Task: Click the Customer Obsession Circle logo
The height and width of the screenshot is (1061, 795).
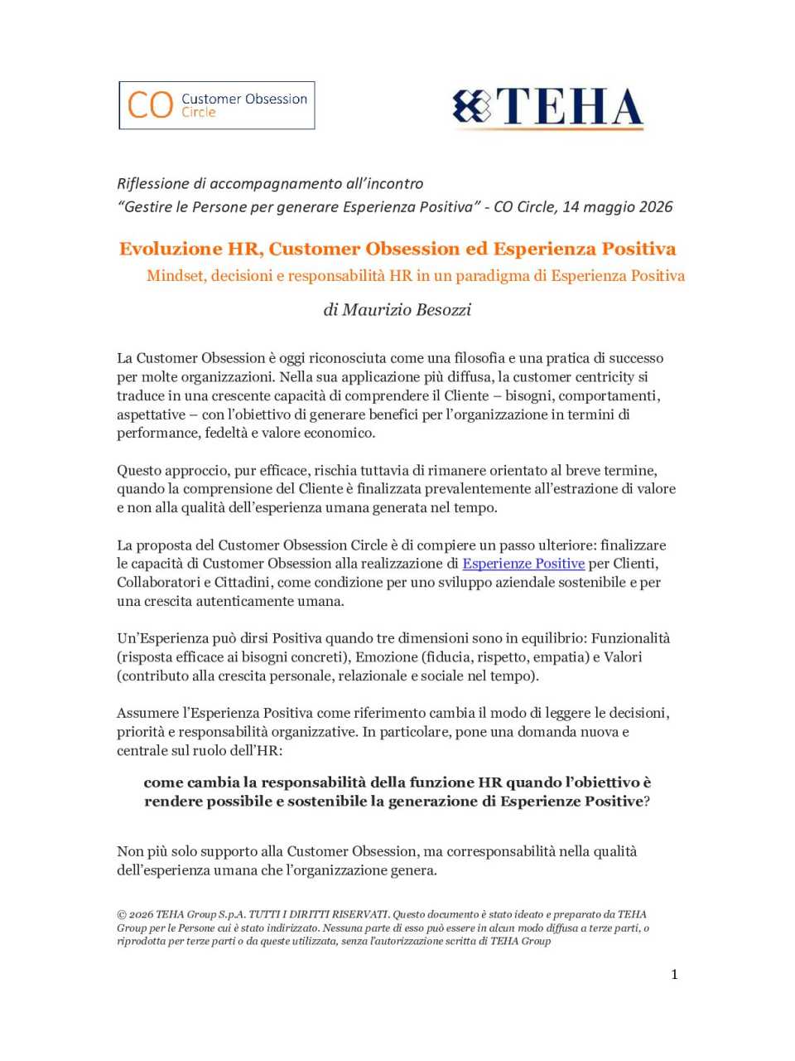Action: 217,105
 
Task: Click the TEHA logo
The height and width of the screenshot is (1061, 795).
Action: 548,108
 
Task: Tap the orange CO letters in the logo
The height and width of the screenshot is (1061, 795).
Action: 150,105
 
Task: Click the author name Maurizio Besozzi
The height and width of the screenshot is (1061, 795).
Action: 397,309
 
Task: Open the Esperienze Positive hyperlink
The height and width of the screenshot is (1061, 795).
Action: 523,564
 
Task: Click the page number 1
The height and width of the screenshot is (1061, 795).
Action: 674,974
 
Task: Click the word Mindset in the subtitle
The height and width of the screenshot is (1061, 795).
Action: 175,276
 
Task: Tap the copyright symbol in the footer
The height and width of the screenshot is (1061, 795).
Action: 122,915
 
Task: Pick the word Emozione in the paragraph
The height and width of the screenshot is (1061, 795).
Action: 386,657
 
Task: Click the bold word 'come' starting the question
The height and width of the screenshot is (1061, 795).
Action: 163,782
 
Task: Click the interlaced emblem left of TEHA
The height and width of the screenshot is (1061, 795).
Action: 471,107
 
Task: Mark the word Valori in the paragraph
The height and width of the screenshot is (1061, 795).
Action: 623,657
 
